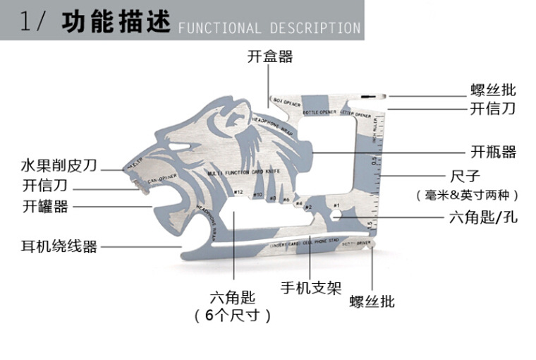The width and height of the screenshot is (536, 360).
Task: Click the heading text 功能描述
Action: pos(116,23)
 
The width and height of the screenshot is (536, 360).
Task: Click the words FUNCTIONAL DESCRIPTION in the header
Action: pos(269,28)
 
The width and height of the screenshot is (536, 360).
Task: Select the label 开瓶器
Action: pos(493,152)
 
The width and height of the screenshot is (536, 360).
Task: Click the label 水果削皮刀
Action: pos(59,167)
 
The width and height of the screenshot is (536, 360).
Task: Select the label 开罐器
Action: pos(46,207)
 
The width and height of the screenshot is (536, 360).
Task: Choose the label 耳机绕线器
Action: pos(59,246)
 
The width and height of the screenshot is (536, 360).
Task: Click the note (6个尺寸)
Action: pos(233,316)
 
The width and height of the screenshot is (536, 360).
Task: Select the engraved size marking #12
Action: pos(238,191)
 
